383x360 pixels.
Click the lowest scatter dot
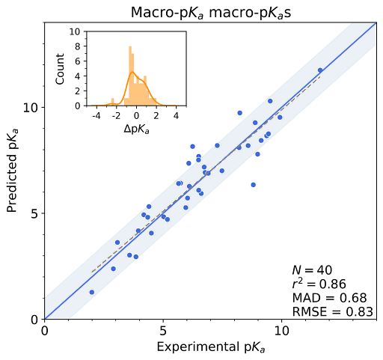(x=92, y=292)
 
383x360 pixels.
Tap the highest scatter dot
(x=320, y=70)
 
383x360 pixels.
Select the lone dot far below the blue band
(x=253, y=184)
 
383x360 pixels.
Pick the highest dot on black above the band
(x=239, y=113)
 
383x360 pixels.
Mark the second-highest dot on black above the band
(x=192, y=146)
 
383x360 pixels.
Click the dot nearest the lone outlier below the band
(x=257, y=154)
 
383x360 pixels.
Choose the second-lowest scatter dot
(x=113, y=269)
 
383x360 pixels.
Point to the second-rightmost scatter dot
(x=280, y=118)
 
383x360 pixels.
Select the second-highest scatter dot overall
(x=270, y=101)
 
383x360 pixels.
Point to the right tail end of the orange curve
(x=177, y=105)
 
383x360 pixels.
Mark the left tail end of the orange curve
(x=91, y=105)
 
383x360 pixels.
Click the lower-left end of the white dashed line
(x=91, y=272)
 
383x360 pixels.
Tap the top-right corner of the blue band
(x=374, y=23)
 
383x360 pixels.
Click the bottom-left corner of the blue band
(x=46, y=318)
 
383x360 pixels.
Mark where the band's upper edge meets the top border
(x=349, y=23)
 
